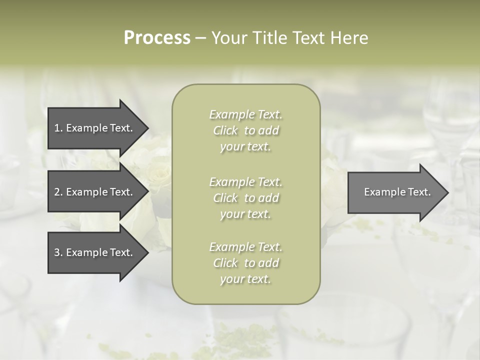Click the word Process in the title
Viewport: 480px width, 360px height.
pyautogui.click(x=157, y=38)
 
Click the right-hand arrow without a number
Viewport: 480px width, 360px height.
pyautogui.click(x=397, y=192)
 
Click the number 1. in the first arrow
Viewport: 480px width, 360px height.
pyautogui.click(x=58, y=128)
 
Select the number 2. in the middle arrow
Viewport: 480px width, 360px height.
pyautogui.click(x=58, y=192)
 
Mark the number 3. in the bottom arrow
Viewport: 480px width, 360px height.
pyautogui.click(x=58, y=252)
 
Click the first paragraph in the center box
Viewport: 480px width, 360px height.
pyautogui.click(x=245, y=130)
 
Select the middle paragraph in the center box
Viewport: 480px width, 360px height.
pyautogui.click(x=245, y=198)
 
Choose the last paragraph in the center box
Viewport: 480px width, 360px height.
pyautogui.click(x=245, y=263)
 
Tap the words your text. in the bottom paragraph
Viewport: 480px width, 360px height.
pyautogui.click(x=245, y=279)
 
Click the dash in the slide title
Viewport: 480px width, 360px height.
pyautogui.click(x=200, y=38)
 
